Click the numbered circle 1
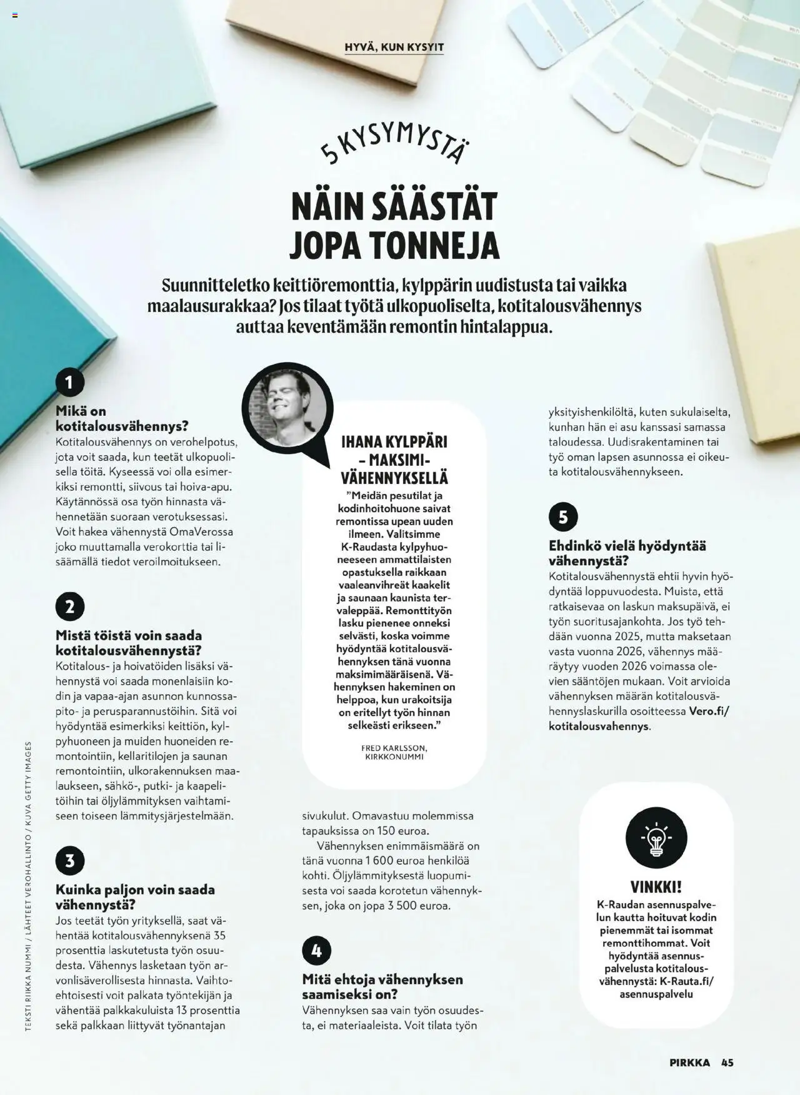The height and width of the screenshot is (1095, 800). click(70, 382)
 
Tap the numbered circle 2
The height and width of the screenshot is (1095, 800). click(70, 607)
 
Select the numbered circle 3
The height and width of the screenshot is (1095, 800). click(70, 860)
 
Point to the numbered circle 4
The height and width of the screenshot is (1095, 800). click(316, 951)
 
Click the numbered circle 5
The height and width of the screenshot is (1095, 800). click(563, 517)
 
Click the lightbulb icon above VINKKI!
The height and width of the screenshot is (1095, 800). click(656, 838)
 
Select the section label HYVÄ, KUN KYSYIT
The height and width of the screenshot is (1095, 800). click(394, 47)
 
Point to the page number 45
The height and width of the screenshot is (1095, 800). click(727, 1062)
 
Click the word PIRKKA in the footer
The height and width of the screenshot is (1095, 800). click(690, 1062)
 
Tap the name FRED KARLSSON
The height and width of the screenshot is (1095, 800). click(394, 748)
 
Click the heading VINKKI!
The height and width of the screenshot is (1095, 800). click(656, 887)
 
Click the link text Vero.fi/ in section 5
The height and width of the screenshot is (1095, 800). click(709, 711)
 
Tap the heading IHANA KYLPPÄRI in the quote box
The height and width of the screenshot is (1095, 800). click(394, 442)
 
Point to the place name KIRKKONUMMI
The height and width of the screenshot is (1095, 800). click(394, 757)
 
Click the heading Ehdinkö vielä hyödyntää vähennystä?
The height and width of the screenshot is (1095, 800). click(627, 553)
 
